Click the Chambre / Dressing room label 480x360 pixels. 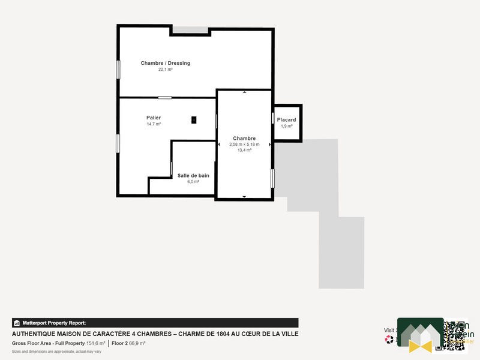[165, 63]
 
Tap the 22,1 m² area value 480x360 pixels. [165, 70]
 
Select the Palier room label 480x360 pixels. [154, 117]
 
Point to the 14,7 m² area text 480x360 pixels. [154, 124]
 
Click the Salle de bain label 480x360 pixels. [193, 175]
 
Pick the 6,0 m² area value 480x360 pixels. [193, 181]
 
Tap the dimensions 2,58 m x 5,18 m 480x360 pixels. [244, 144]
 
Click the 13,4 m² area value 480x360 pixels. [244, 150]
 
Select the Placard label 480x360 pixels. [286, 120]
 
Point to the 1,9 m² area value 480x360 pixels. [286, 126]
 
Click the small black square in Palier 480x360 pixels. [194, 120]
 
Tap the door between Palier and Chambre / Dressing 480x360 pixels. [165, 97]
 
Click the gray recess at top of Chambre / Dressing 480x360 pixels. [190, 30]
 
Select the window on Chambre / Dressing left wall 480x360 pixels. [118, 68]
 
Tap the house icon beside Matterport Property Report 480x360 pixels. [17, 323]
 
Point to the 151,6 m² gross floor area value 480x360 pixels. [95, 343]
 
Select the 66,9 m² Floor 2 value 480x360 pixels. [137, 343]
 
